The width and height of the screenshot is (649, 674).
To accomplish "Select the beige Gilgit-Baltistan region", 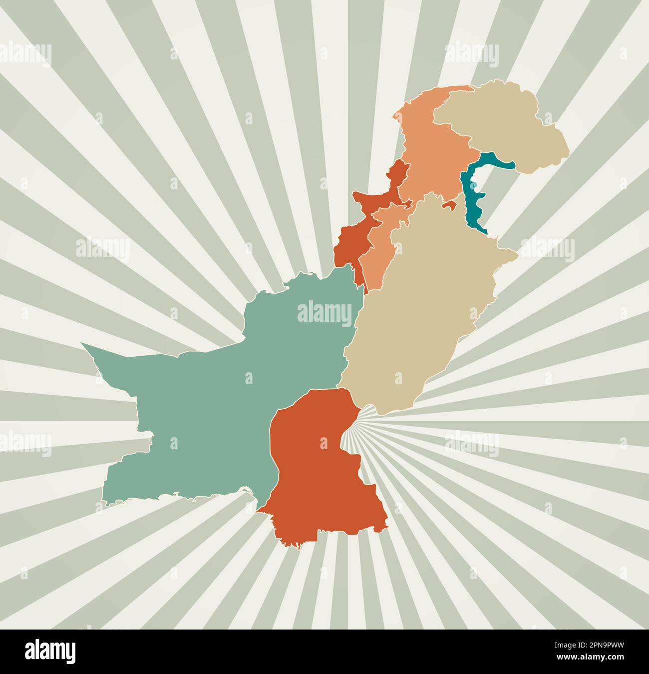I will click(x=504, y=125).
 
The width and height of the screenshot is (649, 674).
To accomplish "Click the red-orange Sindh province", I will click(x=320, y=475).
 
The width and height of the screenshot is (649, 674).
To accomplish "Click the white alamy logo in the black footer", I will click(x=50, y=652).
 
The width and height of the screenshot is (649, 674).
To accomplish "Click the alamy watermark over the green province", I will click(x=324, y=312).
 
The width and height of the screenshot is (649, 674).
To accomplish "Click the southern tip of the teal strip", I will click(x=485, y=233).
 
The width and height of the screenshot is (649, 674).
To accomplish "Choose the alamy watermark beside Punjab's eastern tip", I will click(x=548, y=249).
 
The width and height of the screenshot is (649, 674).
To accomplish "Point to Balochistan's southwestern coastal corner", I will click(x=104, y=502).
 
